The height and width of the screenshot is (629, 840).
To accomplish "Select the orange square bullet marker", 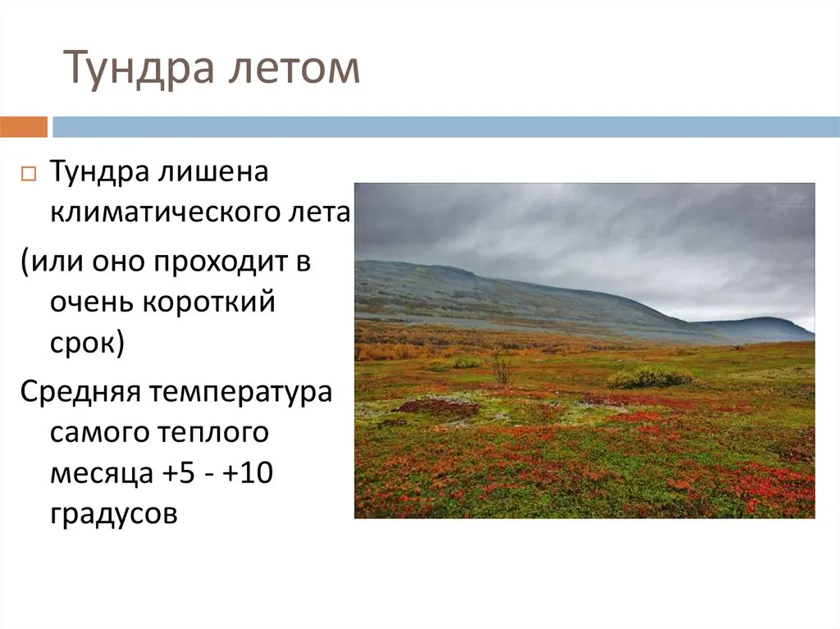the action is coord(29,174).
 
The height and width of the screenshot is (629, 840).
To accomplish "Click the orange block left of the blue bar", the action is coord(24,127).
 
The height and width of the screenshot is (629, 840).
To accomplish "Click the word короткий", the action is coord(209,301).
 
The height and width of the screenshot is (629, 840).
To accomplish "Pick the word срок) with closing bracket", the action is coord(87,344).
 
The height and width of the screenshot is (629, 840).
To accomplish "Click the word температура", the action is coord(240,393).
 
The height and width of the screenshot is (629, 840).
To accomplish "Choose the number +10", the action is coord(248,473).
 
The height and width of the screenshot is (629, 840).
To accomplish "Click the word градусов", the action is coord(113,514).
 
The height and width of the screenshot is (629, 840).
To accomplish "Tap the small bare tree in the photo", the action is coord(501,369).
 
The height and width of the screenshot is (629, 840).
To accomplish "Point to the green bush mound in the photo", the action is coord(649,378).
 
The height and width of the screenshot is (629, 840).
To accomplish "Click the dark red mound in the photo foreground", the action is coord(436,408).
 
